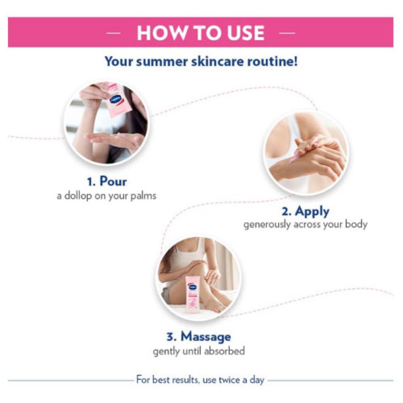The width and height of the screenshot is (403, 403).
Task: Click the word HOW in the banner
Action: pyautogui.click(x=162, y=33)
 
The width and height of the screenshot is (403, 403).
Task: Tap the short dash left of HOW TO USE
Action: pyautogui.click(x=113, y=33)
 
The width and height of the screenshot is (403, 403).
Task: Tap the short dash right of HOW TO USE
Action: pyautogui.click(x=287, y=33)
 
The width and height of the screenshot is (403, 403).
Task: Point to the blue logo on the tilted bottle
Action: pyautogui.click(x=116, y=99)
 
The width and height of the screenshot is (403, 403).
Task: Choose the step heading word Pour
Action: pyautogui.click(x=113, y=181)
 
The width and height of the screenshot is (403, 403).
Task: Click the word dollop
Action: pyautogui.click(x=78, y=196)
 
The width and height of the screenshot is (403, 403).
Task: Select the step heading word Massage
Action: pyautogui.click(x=206, y=337)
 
